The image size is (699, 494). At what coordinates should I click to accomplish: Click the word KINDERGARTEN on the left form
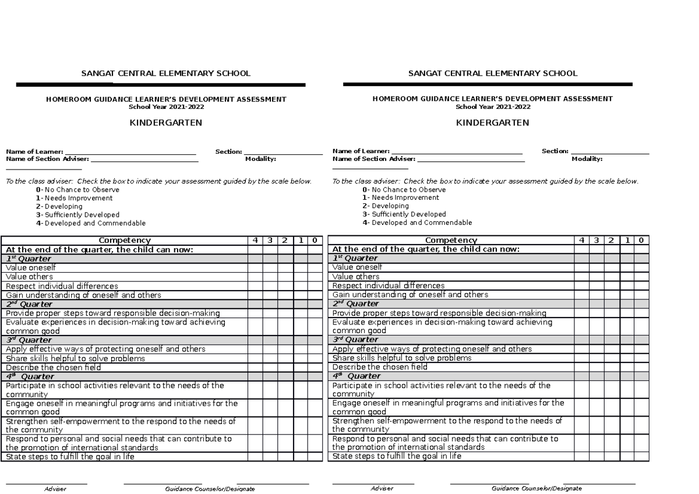[166, 123]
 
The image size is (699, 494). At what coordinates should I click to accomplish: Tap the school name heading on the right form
[492, 73]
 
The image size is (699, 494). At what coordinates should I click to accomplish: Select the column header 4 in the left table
[255, 240]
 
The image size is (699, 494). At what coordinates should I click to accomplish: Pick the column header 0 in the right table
[641, 240]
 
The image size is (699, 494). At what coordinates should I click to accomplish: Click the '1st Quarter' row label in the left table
[29, 259]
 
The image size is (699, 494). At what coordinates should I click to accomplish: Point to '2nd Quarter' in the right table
[355, 304]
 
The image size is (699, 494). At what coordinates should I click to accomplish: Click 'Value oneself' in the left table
[31, 267]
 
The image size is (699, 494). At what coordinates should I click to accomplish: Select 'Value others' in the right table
[355, 277]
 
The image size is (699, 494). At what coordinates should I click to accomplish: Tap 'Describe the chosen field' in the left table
[53, 368]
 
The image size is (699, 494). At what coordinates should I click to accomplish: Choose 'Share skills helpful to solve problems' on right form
[401, 358]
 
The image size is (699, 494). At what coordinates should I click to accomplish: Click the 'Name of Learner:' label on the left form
[34, 151]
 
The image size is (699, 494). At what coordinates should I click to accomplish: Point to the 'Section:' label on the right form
[555, 151]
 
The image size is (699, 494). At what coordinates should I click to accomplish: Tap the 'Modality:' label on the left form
[260, 158]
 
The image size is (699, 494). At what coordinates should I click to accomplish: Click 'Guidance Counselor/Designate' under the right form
[536, 489]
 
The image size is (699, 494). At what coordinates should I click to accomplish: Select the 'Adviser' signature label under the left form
[55, 489]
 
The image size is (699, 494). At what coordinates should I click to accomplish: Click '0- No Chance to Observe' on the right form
[404, 190]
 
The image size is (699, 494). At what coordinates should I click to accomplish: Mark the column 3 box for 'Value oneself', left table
[270, 267]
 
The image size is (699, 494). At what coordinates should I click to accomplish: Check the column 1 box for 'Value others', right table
[626, 277]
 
